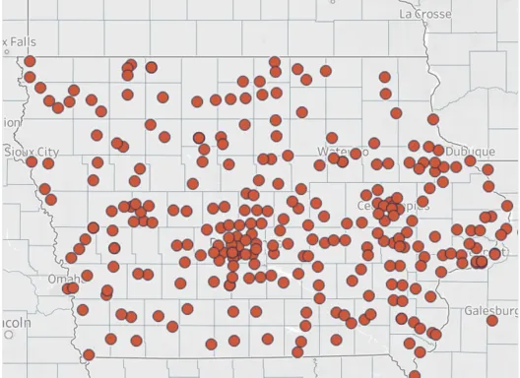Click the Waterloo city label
[343, 151]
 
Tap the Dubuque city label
[471, 153]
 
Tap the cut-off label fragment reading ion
[9, 122]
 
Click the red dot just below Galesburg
[492, 320]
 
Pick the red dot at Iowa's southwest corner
[89, 354]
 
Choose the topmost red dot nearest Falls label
[30, 61]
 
